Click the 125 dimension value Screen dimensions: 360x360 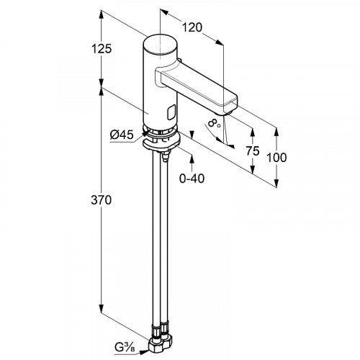tap(102, 49)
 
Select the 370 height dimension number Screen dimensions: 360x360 tap(102, 200)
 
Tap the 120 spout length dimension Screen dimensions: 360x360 tap(192, 27)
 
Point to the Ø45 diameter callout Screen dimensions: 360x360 tap(122, 135)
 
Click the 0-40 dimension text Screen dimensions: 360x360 tap(192, 179)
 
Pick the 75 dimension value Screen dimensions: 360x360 tap(253, 150)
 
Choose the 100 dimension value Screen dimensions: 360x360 tap(276, 158)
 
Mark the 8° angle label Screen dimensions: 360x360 tap(214, 123)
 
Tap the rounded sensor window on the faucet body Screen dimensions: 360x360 tap(171, 112)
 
